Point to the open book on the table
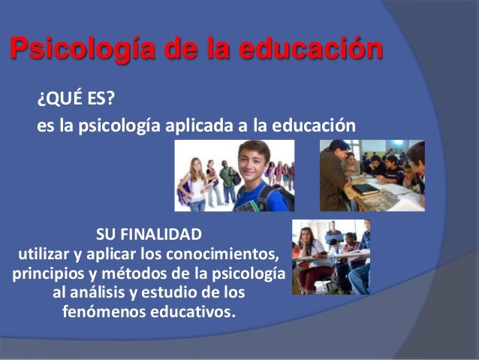366,189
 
